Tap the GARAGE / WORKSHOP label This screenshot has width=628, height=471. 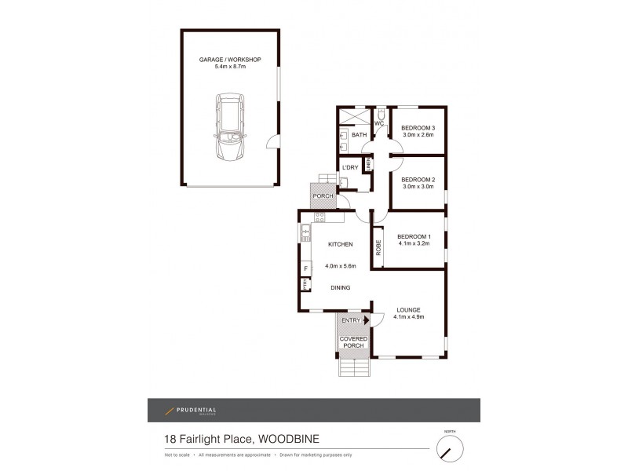point(230,60)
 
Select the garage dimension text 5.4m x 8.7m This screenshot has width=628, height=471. point(230,68)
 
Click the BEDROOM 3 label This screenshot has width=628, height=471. point(418,128)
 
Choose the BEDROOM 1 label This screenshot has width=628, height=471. point(414,237)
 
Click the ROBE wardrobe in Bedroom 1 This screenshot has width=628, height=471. point(378,248)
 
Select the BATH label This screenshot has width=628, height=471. point(359,135)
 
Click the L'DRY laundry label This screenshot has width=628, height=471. point(350,167)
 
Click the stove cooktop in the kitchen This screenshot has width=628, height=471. point(319,216)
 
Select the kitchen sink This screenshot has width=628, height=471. point(305,232)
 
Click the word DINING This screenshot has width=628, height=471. point(340,287)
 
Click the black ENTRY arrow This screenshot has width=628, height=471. point(366,320)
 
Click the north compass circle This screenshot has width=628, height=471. point(449,449)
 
